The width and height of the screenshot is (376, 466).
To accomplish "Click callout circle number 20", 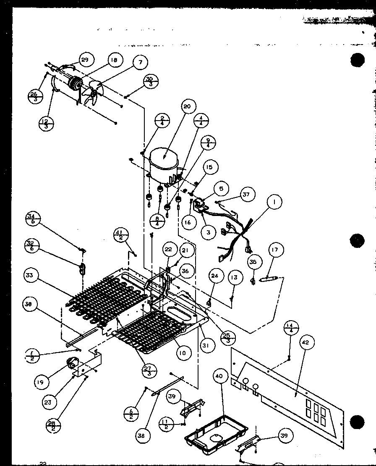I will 187,107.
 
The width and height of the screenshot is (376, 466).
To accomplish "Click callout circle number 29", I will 84,60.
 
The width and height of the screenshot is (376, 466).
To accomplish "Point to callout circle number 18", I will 113,60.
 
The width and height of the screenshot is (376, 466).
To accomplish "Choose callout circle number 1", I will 274,203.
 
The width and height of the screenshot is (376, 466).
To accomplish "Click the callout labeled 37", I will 246,194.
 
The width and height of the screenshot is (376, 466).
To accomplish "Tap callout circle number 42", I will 305,342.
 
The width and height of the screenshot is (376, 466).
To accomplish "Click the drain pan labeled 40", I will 216,436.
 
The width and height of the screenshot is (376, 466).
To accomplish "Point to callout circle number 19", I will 42,382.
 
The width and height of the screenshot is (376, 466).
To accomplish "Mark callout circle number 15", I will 209,167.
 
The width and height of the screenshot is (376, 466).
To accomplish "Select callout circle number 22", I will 168,249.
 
